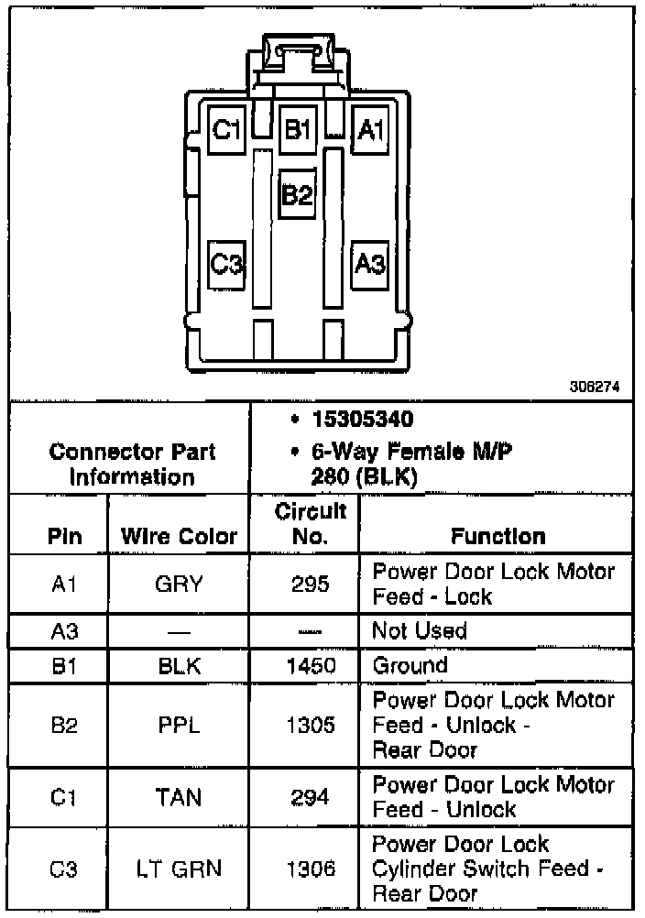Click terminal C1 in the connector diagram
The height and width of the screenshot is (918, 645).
224,131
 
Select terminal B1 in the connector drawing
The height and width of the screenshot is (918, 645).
297,130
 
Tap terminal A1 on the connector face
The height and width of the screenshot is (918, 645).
370,131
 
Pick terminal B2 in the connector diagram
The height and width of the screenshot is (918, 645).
298,194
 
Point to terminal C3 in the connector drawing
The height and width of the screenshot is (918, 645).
225,265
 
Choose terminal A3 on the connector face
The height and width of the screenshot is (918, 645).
370,265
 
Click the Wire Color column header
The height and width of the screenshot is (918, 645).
179,537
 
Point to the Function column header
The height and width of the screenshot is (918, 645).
497,536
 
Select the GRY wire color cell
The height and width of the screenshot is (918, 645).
179,584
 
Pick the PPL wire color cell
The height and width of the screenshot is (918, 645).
179,726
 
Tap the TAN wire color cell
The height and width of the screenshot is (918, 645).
179,797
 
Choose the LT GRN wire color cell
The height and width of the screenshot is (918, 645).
179,869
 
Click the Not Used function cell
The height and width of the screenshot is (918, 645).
419,630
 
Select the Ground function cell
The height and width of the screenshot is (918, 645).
410,666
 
